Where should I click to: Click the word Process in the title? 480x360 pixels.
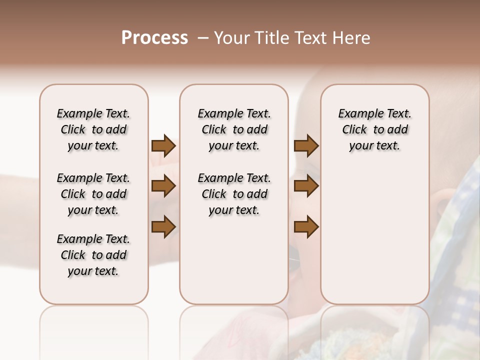coord(154,38)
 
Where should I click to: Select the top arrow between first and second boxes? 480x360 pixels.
coord(163,146)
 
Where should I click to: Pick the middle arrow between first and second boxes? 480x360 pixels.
coord(163,186)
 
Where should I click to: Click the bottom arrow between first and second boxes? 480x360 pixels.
coord(163,227)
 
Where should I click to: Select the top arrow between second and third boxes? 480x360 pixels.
coord(306,146)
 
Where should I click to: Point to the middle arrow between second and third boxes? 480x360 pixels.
coord(306,186)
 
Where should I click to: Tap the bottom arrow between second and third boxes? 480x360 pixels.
coord(306,227)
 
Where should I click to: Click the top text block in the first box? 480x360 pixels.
coord(93,129)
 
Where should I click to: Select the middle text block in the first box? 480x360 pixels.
coord(93,194)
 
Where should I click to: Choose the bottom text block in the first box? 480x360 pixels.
coord(93,255)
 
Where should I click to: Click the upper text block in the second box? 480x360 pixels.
coord(234,129)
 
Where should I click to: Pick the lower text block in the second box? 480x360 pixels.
coord(234,194)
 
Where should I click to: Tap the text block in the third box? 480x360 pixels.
coord(374,129)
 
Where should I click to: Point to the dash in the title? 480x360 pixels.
coord(203,38)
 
